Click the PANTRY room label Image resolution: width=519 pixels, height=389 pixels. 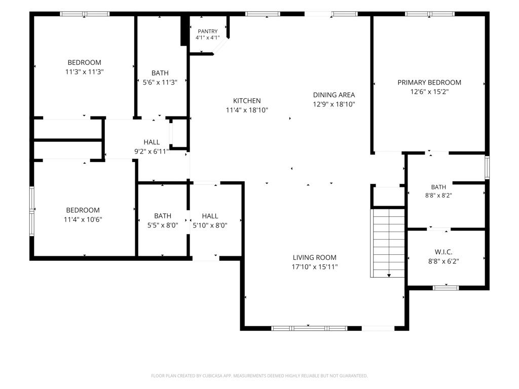[x=207, y=31]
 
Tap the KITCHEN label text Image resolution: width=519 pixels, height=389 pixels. [x=247, y=101]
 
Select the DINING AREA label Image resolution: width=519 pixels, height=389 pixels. [x=334, y=95]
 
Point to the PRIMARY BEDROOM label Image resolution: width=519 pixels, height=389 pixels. [x=429, y=83]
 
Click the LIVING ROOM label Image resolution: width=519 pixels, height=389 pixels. [x=314, y=257]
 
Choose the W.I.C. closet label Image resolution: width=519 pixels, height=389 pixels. [x=443, y=252]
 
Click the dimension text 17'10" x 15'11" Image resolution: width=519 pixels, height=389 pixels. [x=314, y=267]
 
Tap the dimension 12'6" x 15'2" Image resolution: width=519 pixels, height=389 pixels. [x=429, y=92]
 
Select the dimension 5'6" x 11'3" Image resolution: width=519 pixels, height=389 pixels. [x=160, y=83]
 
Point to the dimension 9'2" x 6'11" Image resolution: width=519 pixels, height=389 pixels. [x=152, y=151]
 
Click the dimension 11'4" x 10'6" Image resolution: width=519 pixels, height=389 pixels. [x=83, y=219]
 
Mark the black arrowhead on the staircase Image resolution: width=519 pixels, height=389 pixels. [x=389, y=275]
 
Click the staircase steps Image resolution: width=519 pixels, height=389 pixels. [x=388, y=243]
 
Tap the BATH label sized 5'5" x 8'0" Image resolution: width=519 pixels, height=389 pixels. [x=163, y=216]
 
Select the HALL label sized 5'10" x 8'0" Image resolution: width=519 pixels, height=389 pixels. [x=210, y=216]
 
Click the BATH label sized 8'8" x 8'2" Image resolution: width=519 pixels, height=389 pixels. [x=438, y=187]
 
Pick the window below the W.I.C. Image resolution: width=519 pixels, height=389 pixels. [x=446, y=288]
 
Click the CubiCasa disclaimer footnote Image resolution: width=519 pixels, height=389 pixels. [x=259, y=376]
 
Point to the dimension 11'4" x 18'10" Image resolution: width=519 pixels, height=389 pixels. [x=247, y=110]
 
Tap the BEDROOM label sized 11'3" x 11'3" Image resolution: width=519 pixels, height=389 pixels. [x=85, y=62]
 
